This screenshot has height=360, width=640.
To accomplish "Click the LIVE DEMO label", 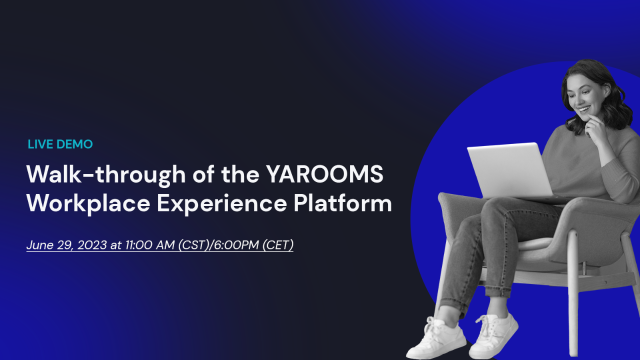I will tap(60, 144).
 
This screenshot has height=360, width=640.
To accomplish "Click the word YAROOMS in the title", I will tap(324, 174).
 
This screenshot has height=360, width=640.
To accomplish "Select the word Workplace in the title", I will tap(88, 203).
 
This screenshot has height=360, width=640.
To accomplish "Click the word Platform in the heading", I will tap(342, 203).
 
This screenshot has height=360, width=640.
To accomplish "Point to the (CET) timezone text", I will tap(277, 245).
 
